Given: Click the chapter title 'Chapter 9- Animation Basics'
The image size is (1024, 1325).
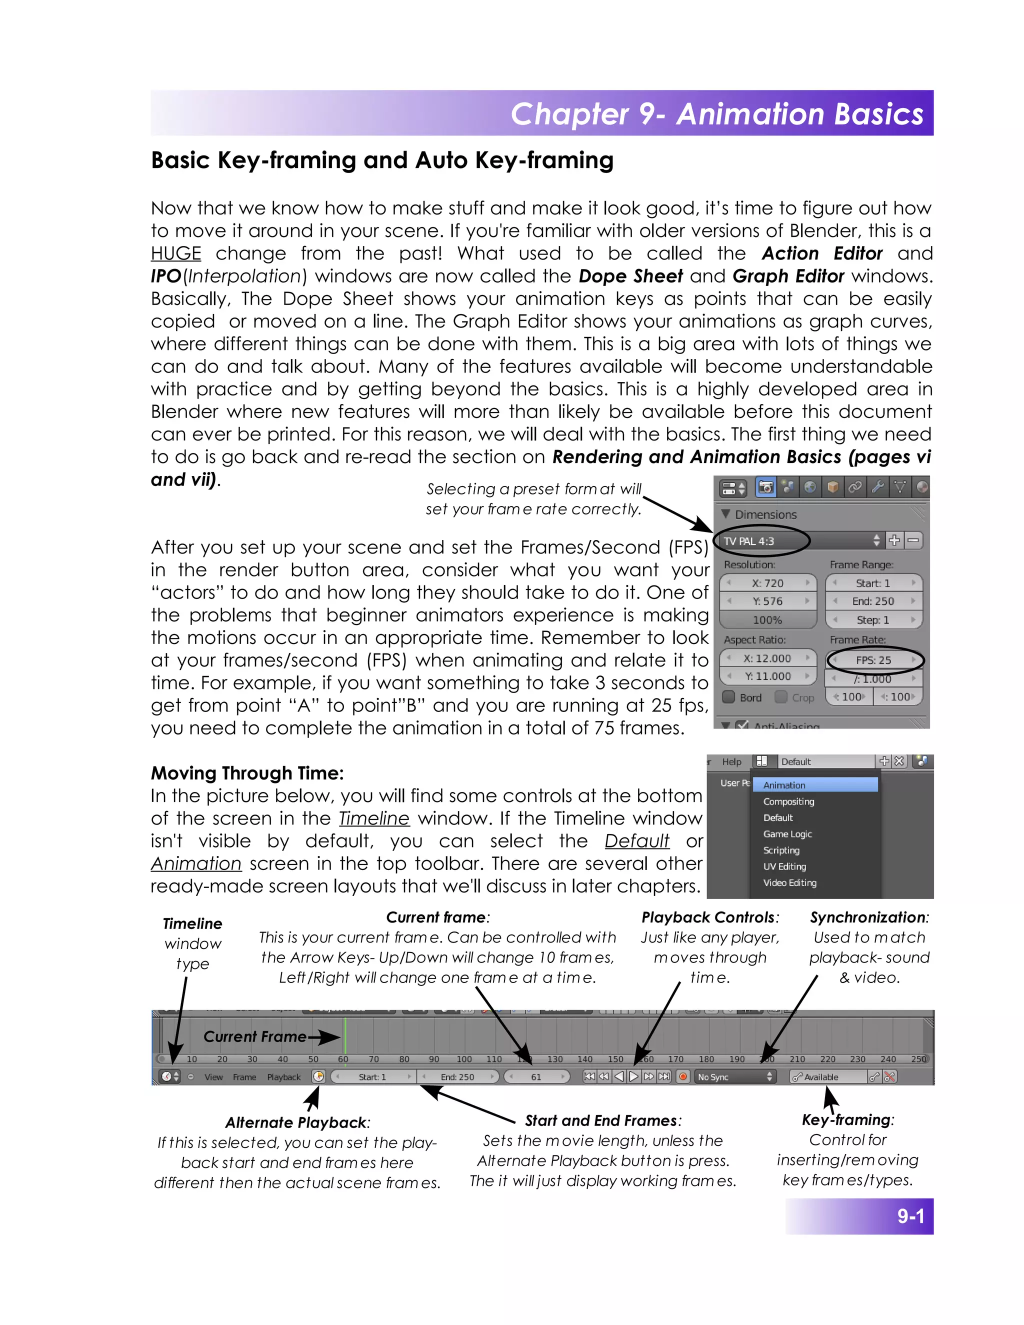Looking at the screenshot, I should (716, 114).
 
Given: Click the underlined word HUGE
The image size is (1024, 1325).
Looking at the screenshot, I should (176, 253).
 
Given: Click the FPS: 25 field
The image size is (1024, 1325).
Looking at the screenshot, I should (873, 660).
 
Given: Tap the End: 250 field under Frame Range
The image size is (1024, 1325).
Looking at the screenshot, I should (873, 601).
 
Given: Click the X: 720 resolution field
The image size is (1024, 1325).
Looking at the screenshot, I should (767, 583).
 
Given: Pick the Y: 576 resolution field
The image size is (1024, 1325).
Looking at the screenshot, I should (767, 601).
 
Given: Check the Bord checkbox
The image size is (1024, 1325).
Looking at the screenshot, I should (729, 697).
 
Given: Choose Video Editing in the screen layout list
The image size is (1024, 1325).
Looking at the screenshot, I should (790, 882).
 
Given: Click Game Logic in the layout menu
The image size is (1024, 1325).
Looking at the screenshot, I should (787, 834).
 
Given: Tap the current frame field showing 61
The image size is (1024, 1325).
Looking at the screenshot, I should (536, 1077).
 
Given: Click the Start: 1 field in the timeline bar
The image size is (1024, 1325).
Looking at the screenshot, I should (372, 1077).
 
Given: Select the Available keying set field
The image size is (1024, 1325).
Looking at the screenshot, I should (827, 1077).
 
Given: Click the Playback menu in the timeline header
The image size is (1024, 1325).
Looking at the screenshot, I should (284, 1077).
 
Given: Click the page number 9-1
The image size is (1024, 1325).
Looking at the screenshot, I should (910, 1216).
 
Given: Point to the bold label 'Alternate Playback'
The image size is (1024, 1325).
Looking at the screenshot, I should (296, 1122).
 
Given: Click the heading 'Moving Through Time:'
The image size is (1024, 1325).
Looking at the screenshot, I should (247, 773).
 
